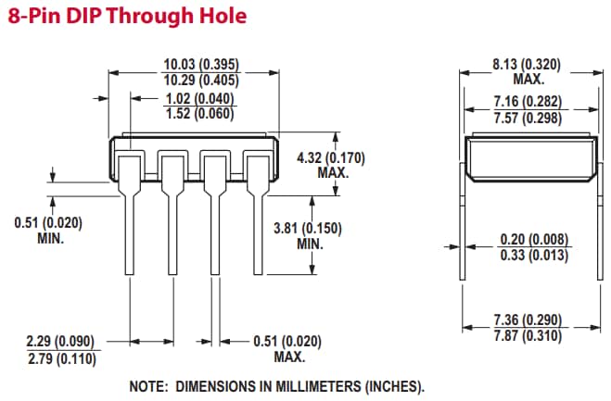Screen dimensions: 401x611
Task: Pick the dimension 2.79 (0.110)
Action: coord(60,358)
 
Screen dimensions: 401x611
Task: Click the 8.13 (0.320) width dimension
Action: coord(528,65)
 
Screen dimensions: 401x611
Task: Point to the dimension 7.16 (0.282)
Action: coord(528,100)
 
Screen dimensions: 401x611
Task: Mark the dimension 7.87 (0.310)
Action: coord(528,335)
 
